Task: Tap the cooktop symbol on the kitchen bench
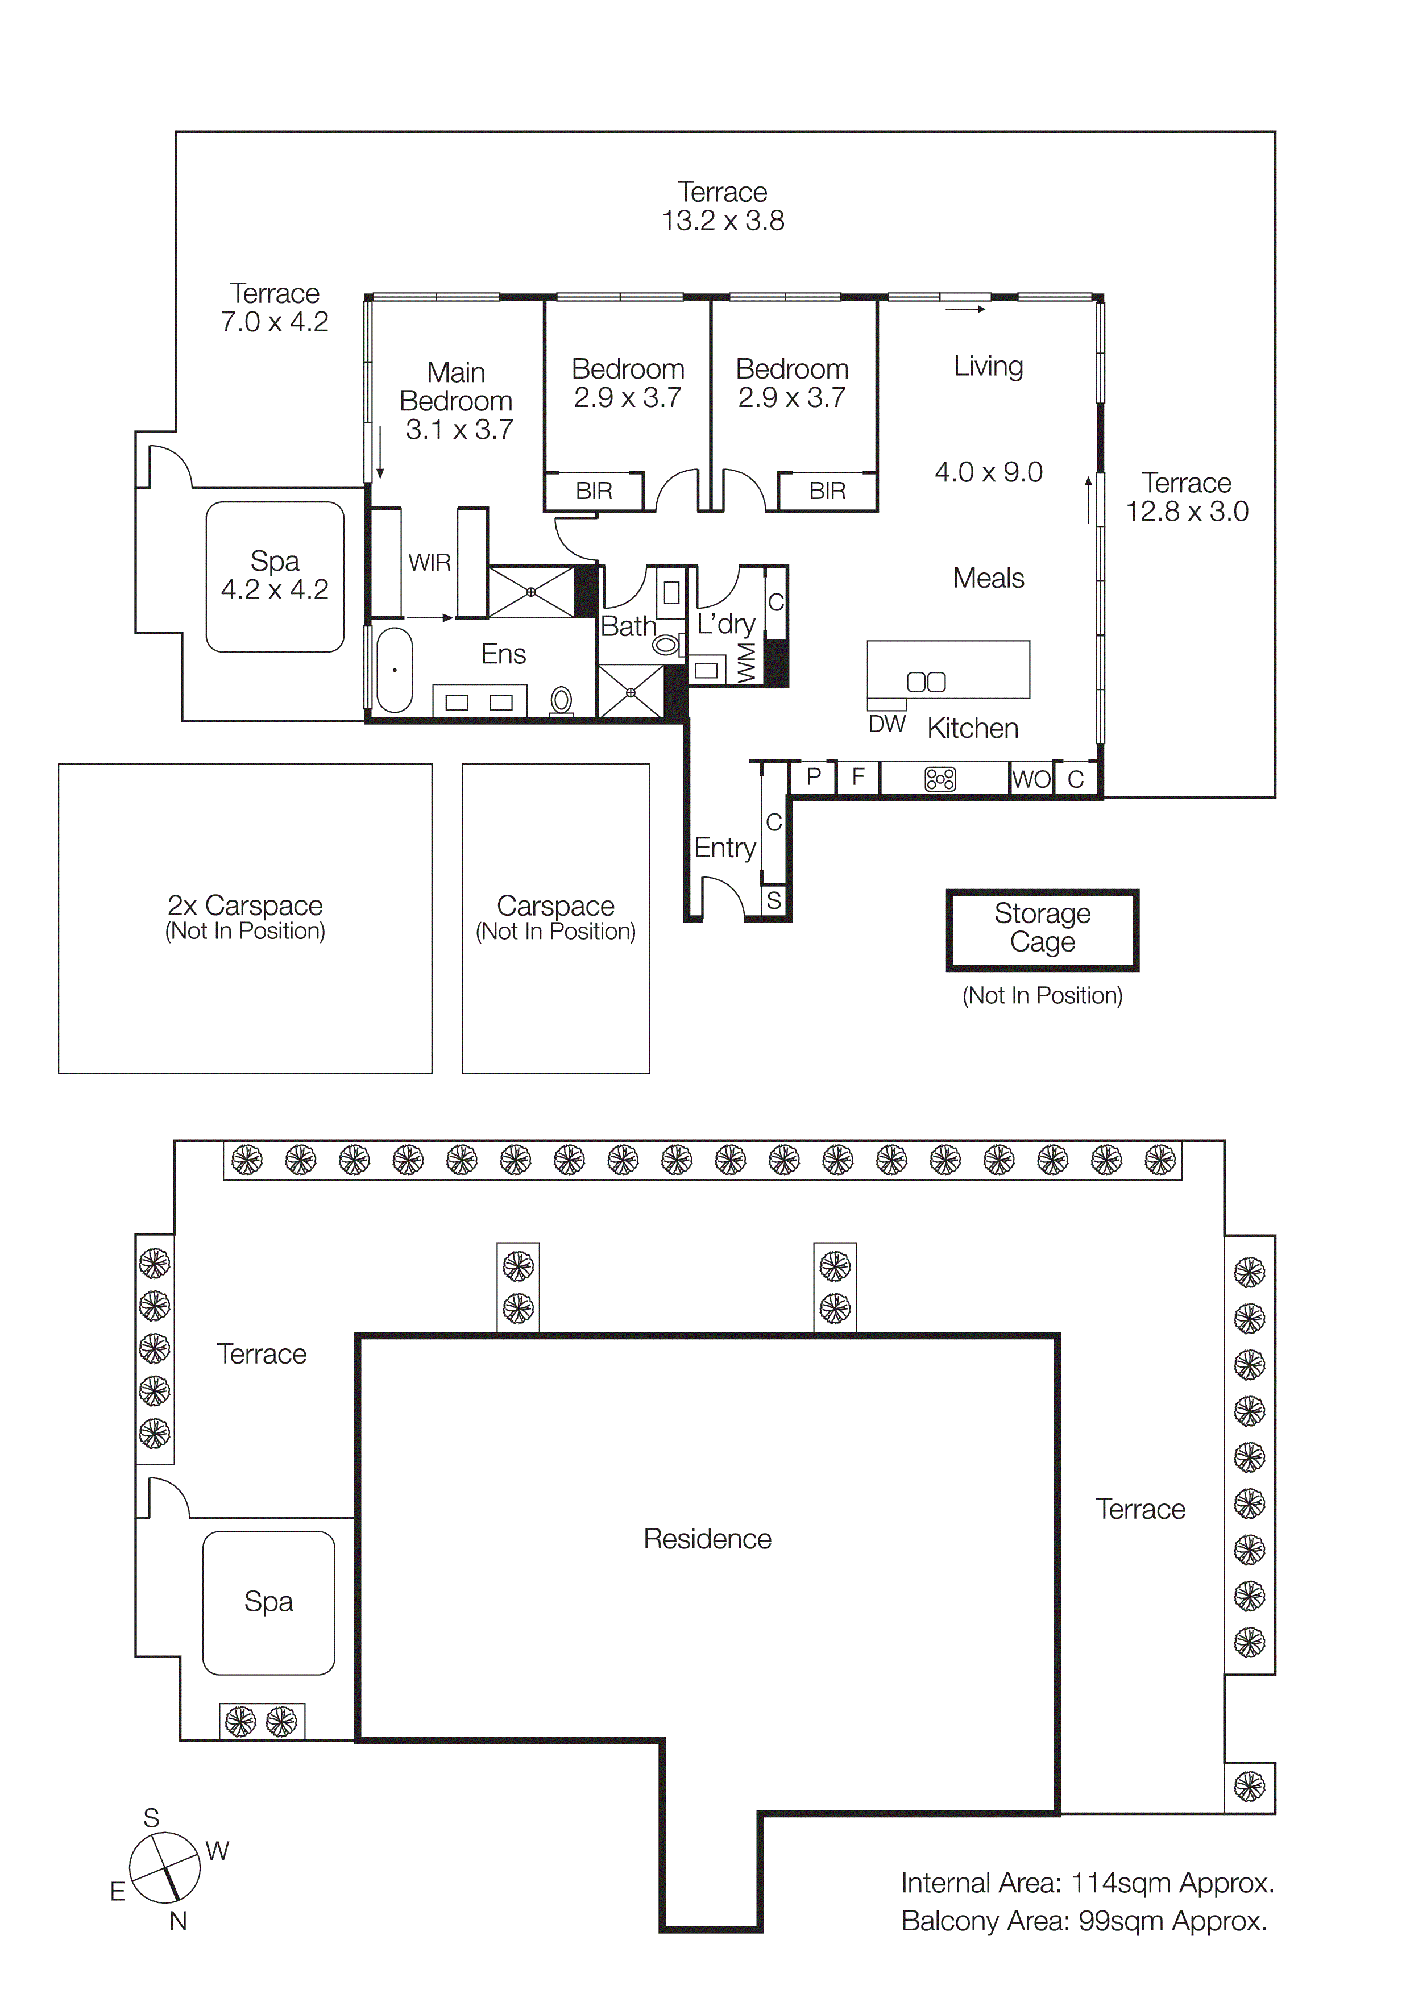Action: [940, 779]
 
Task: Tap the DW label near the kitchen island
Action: [887, 724]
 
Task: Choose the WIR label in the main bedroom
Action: [429, 563]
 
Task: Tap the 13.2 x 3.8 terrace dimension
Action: [723, 221]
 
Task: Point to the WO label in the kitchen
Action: [1031, 779]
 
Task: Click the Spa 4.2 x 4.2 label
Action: [275, 575]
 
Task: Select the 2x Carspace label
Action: [245, 906]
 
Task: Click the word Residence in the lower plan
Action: [707, 1539]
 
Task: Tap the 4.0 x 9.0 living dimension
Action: [988, 472]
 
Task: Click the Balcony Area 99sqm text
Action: [1083, 1921]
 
